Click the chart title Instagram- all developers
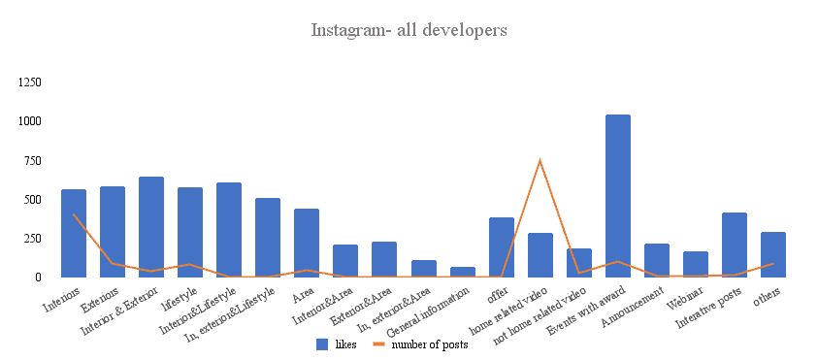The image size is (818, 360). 409,30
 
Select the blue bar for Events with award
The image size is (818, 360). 617,196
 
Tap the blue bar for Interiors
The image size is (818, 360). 74,233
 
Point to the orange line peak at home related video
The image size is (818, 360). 540,160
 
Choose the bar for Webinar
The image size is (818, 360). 695,264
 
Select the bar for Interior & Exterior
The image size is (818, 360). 151,227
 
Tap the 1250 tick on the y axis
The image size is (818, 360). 28,82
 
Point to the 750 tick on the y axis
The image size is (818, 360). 32,160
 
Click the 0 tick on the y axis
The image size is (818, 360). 39,277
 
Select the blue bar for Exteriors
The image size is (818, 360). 113,231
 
